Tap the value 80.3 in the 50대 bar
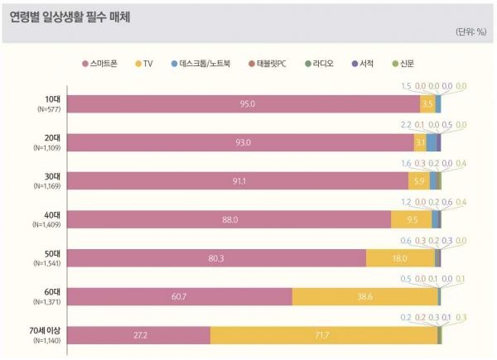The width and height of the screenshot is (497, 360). pyautogui.click(x=217, y=257)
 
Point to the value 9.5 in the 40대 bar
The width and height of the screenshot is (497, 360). pyautogui.click(x=412, y=219)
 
